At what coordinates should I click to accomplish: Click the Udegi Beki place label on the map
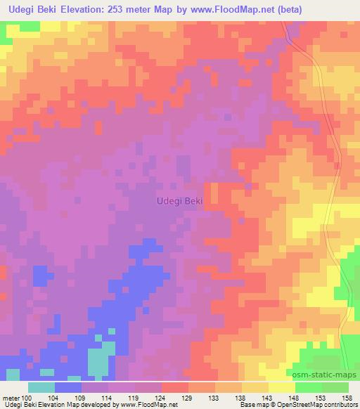click(x=179, y=201)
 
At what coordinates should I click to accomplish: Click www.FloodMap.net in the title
click(x=262, y=10)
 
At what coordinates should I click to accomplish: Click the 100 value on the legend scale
click(x=27, y=398)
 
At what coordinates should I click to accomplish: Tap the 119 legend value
click(x=137, y=398)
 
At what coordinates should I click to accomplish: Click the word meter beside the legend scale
click(x=11, y=398)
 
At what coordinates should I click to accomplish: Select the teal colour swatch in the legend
click(x=41, y=387)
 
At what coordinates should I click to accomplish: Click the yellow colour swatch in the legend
click(x=282, y=387)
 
